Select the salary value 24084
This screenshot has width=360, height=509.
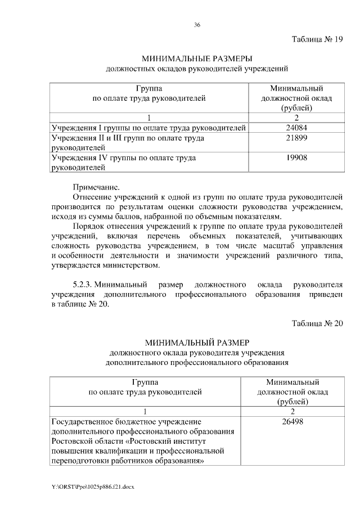(x=296, y=128)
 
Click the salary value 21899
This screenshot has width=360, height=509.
(x=296, y=138)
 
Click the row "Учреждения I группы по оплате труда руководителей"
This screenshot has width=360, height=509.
(x=148, y=128)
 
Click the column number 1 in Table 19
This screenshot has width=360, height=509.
(x=148, y=118)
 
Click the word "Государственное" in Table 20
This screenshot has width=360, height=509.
(x=83, y=420)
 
